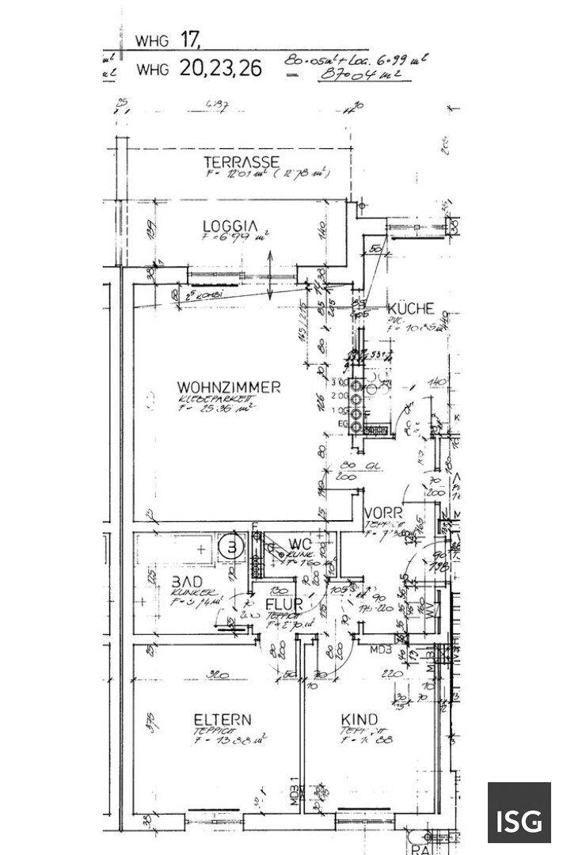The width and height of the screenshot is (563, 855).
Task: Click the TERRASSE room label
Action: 240,162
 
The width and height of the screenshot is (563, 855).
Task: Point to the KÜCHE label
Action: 409,309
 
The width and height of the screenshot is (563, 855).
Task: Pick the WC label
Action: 300,543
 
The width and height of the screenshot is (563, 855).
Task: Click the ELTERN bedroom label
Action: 223,720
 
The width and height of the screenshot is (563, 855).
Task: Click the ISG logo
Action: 519,814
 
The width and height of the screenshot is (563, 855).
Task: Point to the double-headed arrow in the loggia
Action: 270,275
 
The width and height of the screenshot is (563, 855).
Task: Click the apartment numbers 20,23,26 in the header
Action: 220,68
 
